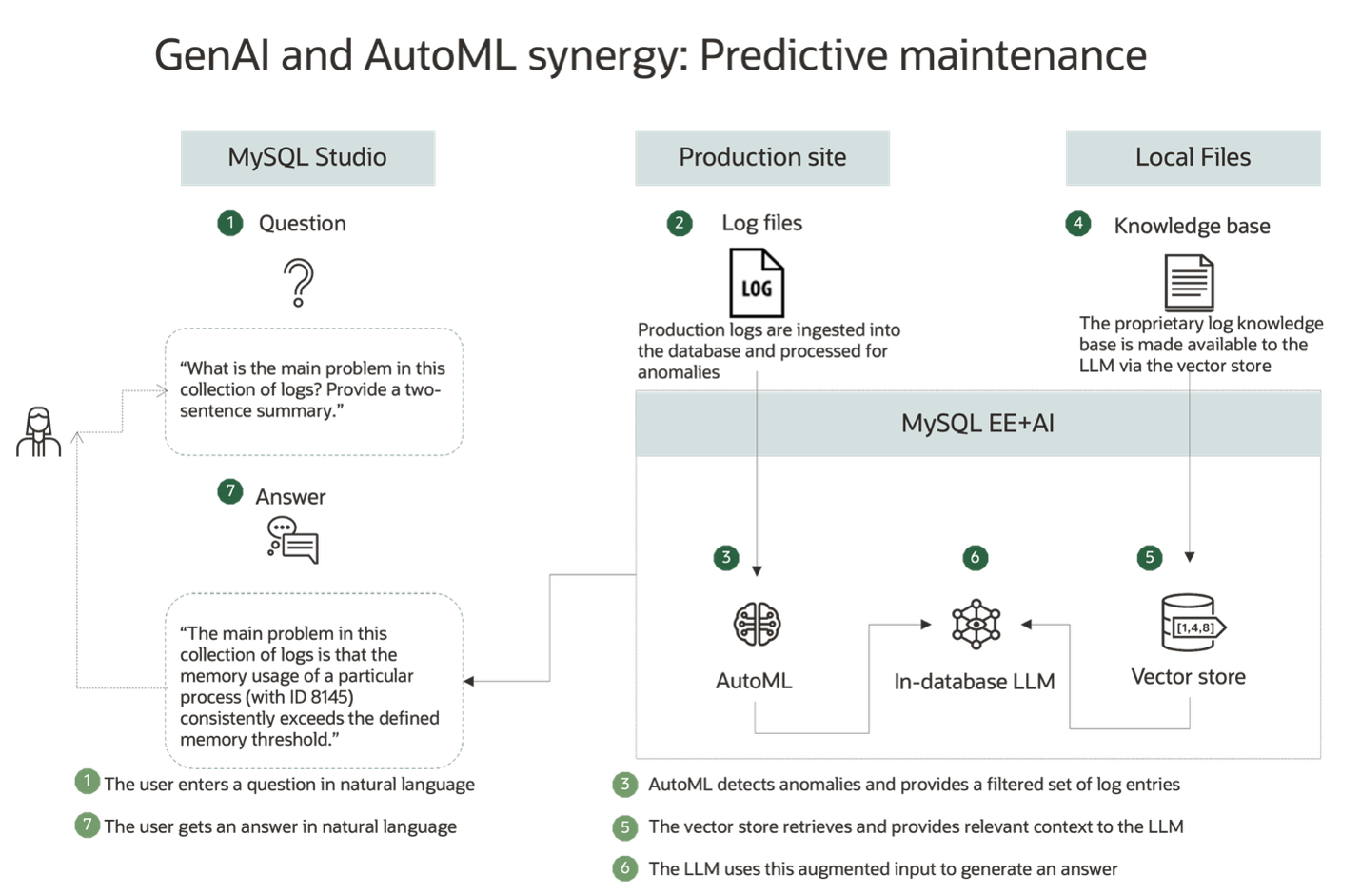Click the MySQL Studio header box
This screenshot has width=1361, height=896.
click(x=307, y=158)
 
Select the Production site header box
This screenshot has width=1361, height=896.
click(x=762, y=158)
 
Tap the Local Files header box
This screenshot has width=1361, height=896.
click(x=1193, y=158)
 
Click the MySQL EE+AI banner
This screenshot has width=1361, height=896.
click(x=977, y=424)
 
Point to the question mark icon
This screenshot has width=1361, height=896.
click(x=298, y=284)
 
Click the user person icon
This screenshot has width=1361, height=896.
click(x=39, y=432)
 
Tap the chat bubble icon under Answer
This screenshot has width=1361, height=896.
click(x=293, y=540)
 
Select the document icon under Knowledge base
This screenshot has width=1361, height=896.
click(x=1189, y=283)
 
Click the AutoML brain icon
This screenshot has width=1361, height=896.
click(x=757, y=625)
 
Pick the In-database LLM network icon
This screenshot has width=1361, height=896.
click(x=976, y=625)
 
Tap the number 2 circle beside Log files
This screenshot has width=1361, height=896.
click(x=680, y=224)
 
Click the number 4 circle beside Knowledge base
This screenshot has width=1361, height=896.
click(x=1077, y=224)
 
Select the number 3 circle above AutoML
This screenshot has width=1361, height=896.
click(x=726, y=558)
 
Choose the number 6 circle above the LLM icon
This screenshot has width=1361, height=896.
click(x=975, y=558)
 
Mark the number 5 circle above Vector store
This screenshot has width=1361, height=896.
click(x=1150, y=558)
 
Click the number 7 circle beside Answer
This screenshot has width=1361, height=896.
click(x=229, y=491)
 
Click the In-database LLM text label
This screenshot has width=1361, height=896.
click(x=975, y=682)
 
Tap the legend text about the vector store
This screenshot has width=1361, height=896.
click(x=915, y=826)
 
